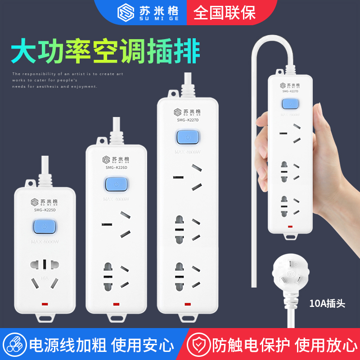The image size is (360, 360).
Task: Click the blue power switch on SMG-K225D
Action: click(x=45, y=227)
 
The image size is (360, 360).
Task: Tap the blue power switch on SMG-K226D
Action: click(x=117, y=184)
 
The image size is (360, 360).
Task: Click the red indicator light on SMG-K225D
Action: click(x=45, y=305)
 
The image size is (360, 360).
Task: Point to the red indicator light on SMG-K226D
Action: click(x=117, y=304)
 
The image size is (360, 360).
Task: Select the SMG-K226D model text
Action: click(x=116, y=167)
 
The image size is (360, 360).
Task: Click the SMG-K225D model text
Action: click(x=45, y=210)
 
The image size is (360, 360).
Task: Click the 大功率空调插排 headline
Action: click(x=104, y=53)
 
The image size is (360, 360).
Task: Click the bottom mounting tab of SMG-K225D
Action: click(x=45, y=319)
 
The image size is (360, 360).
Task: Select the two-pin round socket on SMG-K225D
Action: click(x=45, y=264)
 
